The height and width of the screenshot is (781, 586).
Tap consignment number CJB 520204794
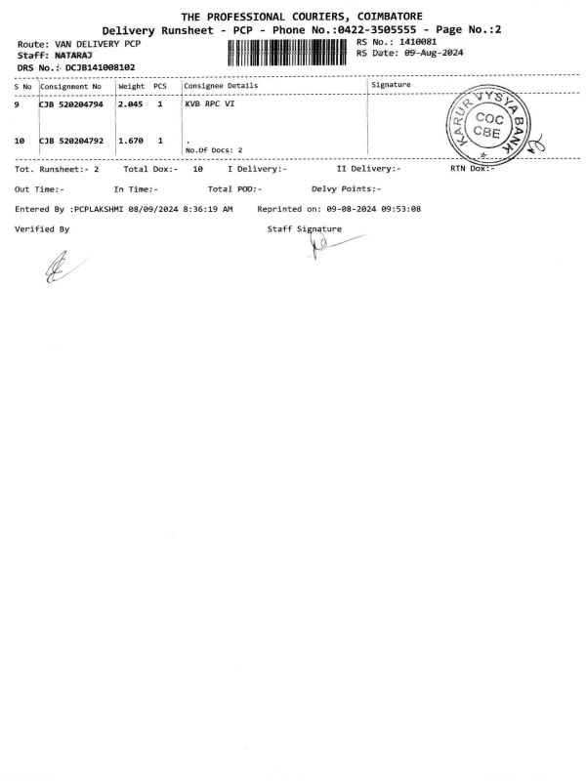tap(71, 103)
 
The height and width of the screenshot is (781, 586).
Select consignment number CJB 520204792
tap(71, 141)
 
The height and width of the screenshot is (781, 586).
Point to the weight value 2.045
tap(130, 103)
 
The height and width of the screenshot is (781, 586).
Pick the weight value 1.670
tap(130, 141)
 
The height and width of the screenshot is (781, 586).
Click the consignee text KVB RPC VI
tap(209, 103)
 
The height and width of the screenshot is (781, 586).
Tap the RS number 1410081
tap(411, 42)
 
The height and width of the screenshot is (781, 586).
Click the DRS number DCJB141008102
tap(94, 67)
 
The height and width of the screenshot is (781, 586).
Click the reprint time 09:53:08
tap(400, 209)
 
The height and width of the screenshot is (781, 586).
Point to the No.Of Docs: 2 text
tap(214, 149)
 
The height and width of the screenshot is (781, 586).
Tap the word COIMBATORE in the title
tap(375, 17)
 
